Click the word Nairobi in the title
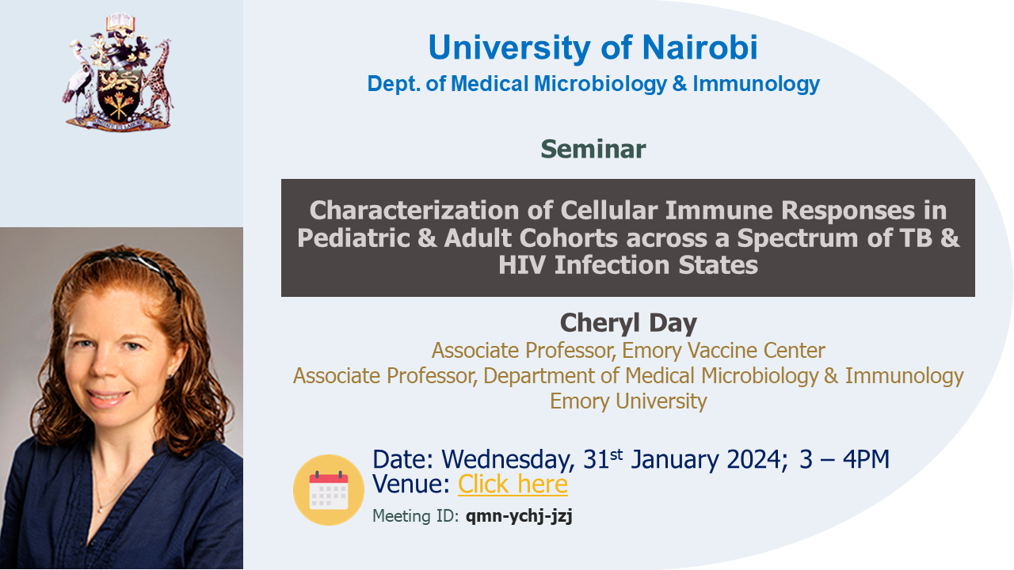tap(700, 47)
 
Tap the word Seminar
tap(593, 149)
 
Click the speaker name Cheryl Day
tap(628, 323)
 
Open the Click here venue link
tap(513, 484)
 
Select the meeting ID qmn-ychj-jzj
tap(519, 516)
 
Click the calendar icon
tap(329, 490)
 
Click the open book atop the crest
tap(120, 21)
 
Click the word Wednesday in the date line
tap(508, 460)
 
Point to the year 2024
tap(754, 459)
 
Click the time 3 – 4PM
tap(844, 459)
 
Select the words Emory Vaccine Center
tap(723, 350)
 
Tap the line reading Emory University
tap(628, 401)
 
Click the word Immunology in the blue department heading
tap(756, 84)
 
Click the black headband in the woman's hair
tap(135, 267)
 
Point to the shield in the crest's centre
tap(119, 94)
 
